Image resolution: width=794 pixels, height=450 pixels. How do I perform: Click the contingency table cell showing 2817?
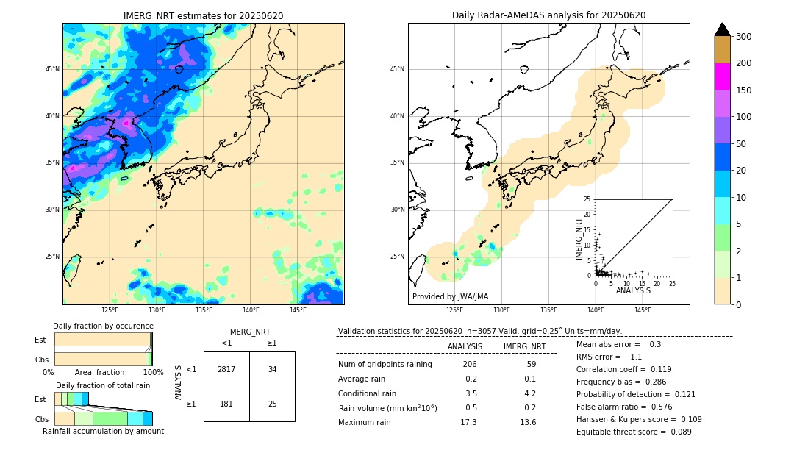tap(226, 369)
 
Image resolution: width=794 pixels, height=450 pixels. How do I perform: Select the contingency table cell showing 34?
tap(272, 369)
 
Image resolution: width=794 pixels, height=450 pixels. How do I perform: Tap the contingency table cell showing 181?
tap(226, 404)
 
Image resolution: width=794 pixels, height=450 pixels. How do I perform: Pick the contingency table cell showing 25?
tap(272, 404)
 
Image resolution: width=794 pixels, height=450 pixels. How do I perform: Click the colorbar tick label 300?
tap(744, 37)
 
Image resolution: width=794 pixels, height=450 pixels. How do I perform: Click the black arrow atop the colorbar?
tap(723, 29)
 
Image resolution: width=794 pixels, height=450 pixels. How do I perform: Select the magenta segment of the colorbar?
tap(723, 76)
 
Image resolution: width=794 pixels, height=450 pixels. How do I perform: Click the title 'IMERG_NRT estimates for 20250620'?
tap(203, 15)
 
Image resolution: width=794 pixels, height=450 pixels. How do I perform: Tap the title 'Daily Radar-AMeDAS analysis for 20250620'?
tap(548, 15)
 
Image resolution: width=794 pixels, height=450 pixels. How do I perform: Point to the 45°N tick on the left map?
tap(52, 69)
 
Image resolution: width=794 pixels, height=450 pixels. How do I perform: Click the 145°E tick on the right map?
tap(643, 310)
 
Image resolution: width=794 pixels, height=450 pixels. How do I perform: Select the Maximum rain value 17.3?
tap(468, 422)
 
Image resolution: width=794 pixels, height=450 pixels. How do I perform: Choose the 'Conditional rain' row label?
tap(369, 393)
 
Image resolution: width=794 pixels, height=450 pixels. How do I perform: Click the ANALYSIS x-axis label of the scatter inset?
tap(632, 290)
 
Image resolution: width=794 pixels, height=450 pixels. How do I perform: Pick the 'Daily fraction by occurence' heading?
tap(104, 326)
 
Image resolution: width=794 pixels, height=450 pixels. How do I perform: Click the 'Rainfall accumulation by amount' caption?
tap(104, 432)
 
